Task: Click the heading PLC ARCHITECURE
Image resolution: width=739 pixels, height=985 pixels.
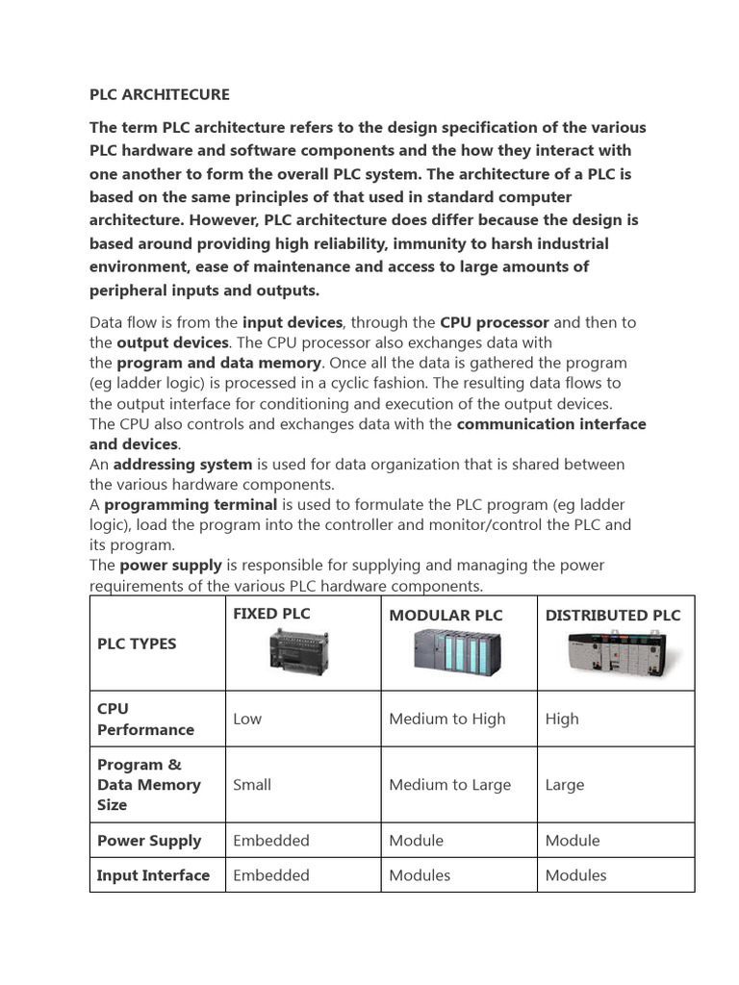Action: [160, 94]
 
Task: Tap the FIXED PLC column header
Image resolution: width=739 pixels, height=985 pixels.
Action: [271, 614]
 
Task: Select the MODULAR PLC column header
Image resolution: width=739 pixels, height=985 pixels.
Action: [446, 616]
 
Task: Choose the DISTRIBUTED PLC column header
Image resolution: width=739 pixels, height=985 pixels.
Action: [613, 616]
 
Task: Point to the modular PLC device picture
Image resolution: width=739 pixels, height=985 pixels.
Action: [459, 653]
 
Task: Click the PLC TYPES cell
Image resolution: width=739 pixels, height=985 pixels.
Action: [137, 644]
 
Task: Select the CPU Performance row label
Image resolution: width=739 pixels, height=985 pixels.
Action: [145, 720]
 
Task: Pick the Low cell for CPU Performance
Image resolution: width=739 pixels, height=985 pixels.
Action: [247, 719]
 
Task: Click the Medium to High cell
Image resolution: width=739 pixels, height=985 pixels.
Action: [446, 719]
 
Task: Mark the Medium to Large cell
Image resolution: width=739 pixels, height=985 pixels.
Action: [449, 785]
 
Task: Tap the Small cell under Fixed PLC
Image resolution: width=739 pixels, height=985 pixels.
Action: [252, 785]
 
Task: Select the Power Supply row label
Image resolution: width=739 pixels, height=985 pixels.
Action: [149, 841]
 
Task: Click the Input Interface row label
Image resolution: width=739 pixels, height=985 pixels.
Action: [153, 875]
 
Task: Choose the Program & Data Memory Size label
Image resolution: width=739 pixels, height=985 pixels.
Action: [148, 785]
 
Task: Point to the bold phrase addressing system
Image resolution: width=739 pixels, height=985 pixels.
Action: [183, 464]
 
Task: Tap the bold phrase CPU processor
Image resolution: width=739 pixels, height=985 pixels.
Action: [495, 322]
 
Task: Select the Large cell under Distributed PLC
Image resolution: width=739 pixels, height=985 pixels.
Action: [565, 785]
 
